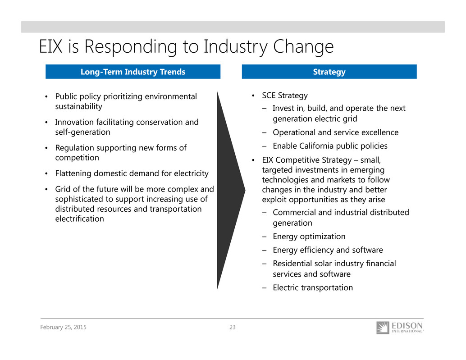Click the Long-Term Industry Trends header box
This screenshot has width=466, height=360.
click(x=133, y=72)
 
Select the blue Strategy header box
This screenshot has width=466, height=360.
click(x=329, y=72)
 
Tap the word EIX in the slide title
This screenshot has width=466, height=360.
click(x=51, y=46)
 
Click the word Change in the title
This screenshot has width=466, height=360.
click(x=303, y=47)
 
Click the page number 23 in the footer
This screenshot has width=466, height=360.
click(x=233, y=327)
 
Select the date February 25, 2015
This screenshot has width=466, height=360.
click(x=63, y=327)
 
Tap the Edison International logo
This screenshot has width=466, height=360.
click(x=400, y=328)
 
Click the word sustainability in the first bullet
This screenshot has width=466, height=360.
click(x=79, y=106)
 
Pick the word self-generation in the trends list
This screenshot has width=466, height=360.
click(x=82, y=132)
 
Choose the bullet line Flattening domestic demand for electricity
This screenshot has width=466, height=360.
click(x=132, y=173)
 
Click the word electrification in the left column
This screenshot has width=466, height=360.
click(x=80, y=219)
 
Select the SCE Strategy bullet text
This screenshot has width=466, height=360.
click(x=285, y=96)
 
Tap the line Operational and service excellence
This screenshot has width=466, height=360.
click(x=336, y=132)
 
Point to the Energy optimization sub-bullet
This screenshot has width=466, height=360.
click(x=309, y=237)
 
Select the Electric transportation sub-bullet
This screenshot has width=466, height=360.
click(x=313, y=287)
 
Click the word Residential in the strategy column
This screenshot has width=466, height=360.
click(x=292, y=264)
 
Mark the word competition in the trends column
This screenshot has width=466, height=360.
click(x=77, y=158)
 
